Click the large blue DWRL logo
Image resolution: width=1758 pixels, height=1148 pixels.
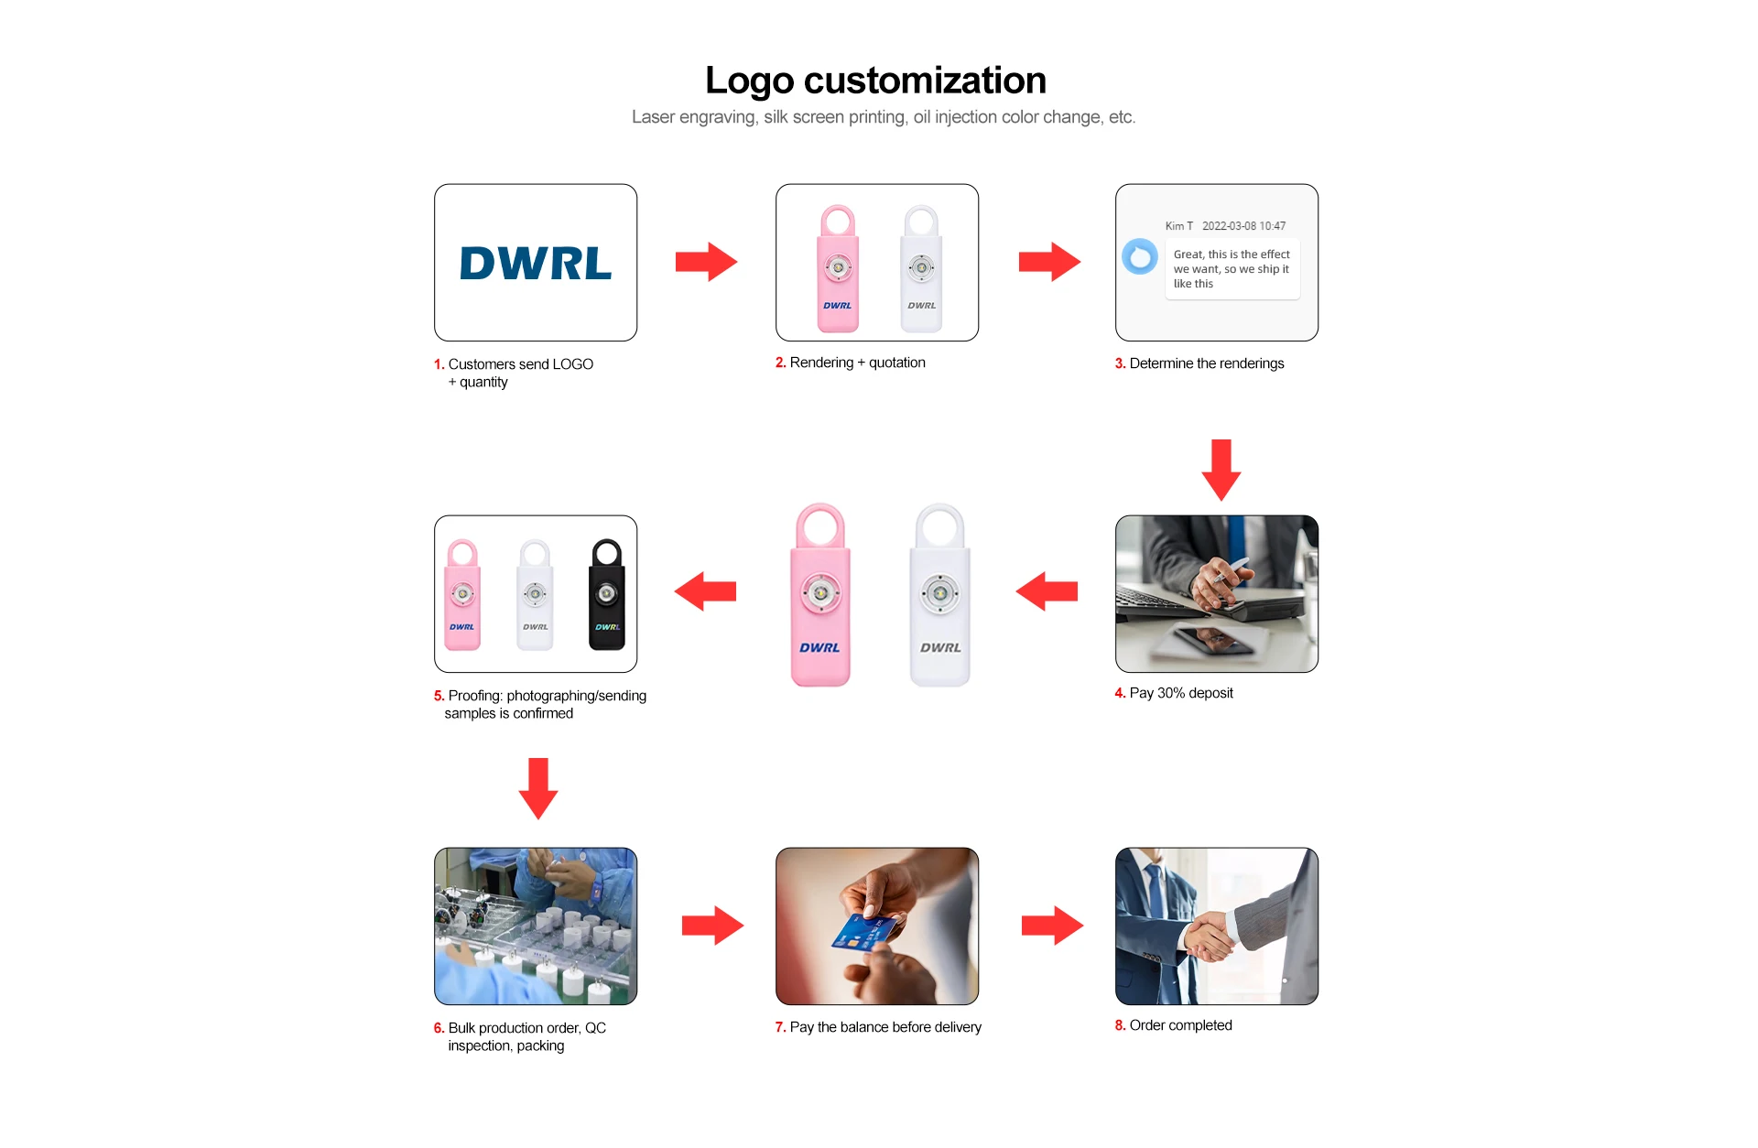point(536,264)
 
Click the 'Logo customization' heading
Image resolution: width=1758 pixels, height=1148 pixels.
point(875,81)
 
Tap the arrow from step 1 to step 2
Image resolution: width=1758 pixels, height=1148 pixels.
point(706,262)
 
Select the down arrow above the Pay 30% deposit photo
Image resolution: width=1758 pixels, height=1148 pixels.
point(1221,469)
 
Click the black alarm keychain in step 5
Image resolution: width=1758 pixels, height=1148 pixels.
point(606,594)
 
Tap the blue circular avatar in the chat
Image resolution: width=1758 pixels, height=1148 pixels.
point(1140,256)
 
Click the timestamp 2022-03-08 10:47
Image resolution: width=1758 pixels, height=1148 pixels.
point(1243,226)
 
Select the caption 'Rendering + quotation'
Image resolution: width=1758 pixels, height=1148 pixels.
point(857,363)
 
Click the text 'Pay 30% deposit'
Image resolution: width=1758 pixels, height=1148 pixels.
point(1180,693)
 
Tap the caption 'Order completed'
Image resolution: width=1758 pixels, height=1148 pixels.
point(1180,1025)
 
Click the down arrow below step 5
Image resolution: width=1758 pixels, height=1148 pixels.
point(538,787)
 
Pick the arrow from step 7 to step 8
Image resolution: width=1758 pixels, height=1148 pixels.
point(1052,926)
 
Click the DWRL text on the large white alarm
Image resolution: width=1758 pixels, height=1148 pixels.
point(940,647)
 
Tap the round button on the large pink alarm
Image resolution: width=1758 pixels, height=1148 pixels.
point(820,593)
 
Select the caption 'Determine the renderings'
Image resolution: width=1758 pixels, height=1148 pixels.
point(1206,363)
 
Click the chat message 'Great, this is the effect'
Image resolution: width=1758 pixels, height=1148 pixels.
point(1232,255)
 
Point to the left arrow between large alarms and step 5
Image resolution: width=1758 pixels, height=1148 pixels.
point(705,591)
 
